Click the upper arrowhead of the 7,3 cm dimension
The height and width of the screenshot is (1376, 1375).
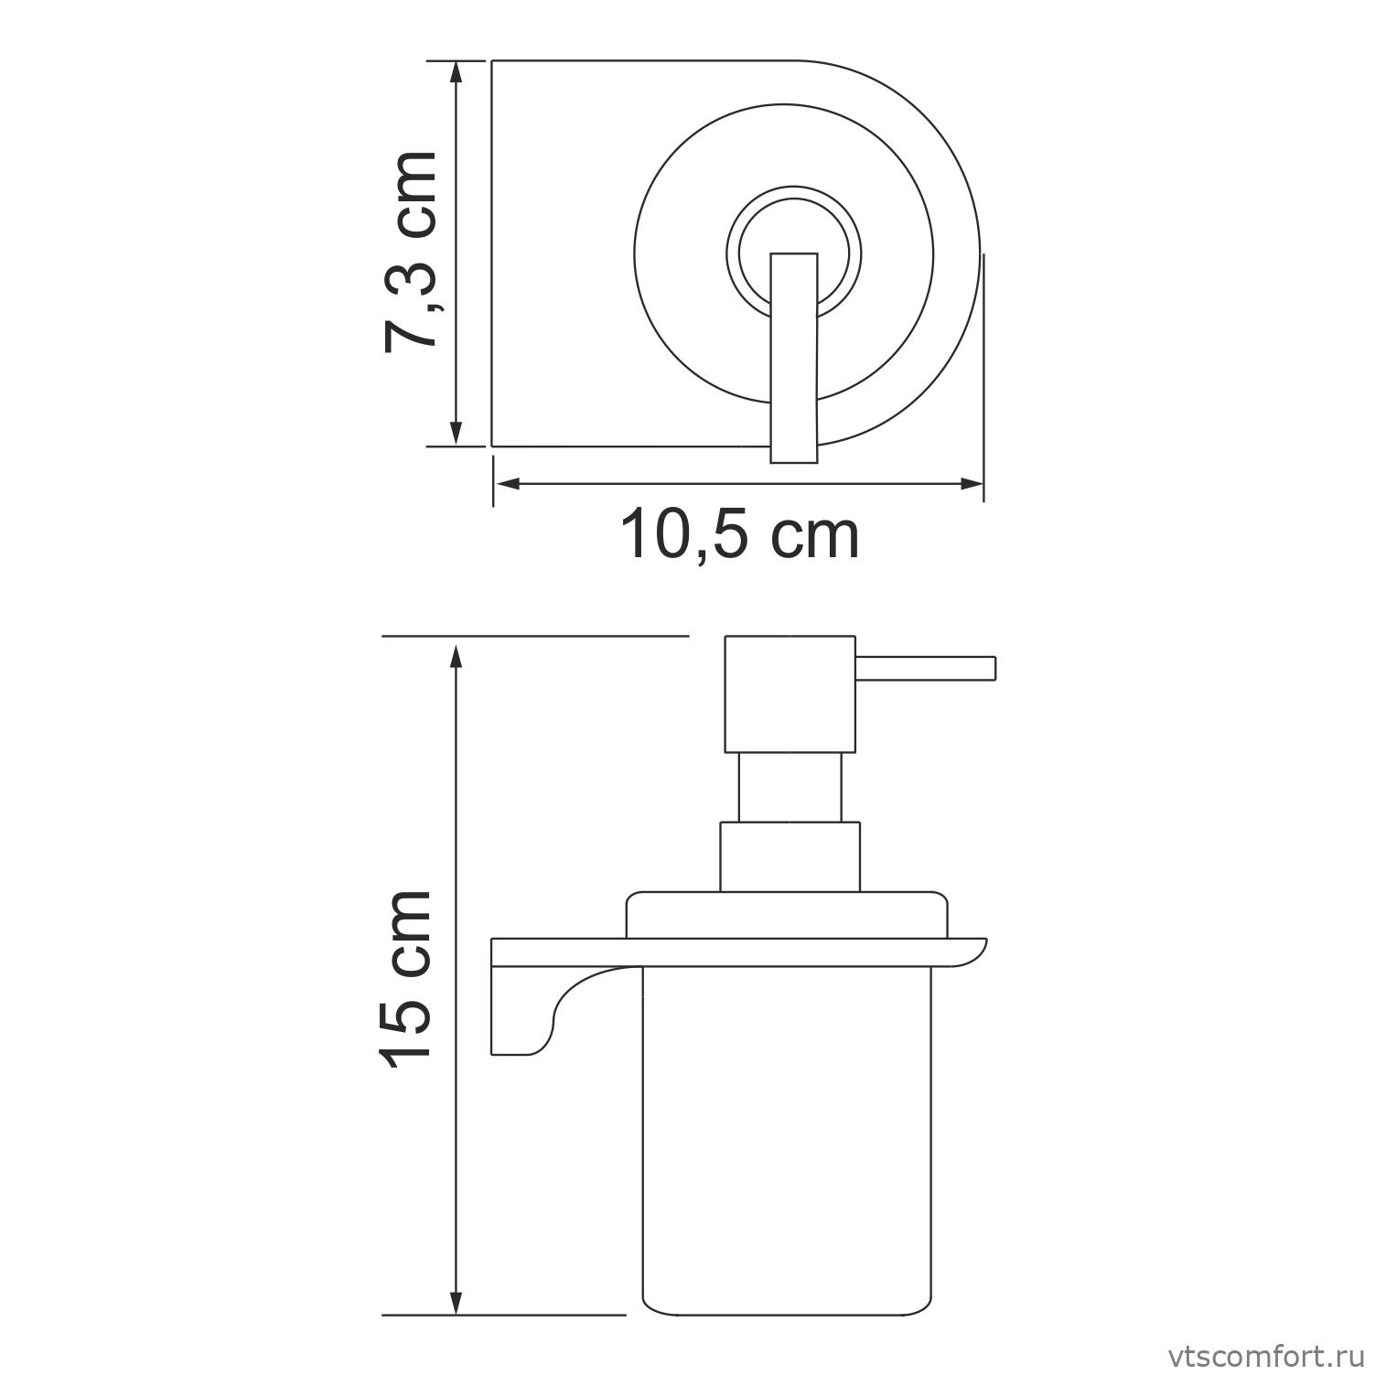(x=457, y=73)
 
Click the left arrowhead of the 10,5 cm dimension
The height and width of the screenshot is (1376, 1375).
(x=506, y=483)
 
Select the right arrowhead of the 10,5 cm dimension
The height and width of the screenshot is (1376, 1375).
(x=972, y=483)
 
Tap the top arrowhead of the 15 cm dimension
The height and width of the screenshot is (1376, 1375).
(x=457, y=651)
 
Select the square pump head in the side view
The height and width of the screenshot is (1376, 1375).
(x=790, y=693)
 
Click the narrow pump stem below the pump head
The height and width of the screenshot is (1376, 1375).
(x=790, y=787)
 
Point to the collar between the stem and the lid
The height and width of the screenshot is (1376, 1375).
(x=790, y=856)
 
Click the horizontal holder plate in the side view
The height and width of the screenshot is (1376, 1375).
(x=732, y=951)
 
